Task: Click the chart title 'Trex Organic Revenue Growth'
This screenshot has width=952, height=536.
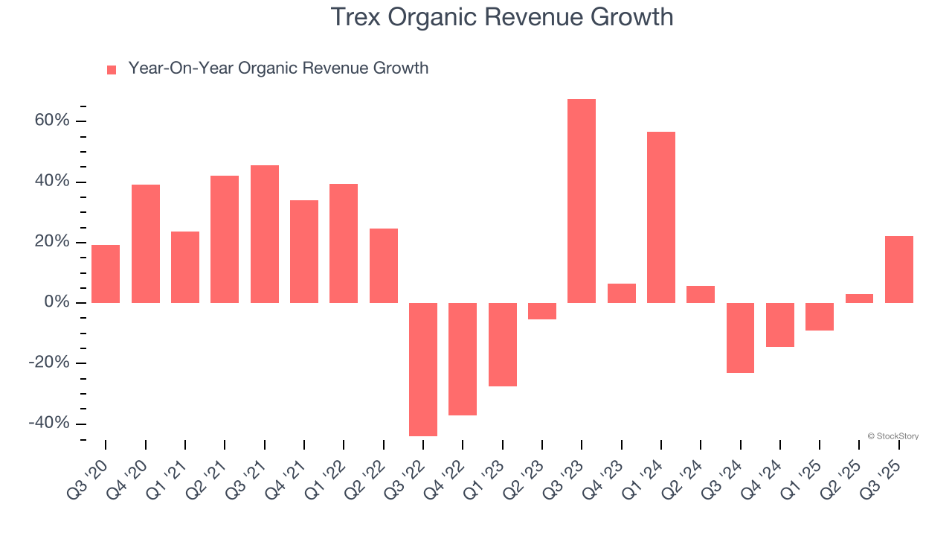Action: [x=501, y=16]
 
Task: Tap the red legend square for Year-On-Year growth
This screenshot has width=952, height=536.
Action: [x=112, y=70]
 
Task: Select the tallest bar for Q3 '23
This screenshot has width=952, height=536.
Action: [x=582, y=201]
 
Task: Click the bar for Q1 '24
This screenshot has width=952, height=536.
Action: [x=661, y=217]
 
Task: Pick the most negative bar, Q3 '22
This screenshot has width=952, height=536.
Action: [x=423, y=369]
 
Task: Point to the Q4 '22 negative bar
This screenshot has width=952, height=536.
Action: [x=463, y=359]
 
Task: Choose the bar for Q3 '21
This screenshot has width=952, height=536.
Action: [x=265, y=234]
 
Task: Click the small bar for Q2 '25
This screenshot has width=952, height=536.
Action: [x=859, y=299]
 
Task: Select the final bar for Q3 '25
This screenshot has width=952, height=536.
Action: [x=898, y=269]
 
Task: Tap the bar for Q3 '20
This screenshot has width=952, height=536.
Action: [x=106, y=274]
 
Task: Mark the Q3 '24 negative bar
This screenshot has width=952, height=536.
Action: [x=740, y=338]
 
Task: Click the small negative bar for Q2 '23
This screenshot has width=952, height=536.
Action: [x=542, y=311]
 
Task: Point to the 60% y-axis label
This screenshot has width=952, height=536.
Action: [x=52, y=121]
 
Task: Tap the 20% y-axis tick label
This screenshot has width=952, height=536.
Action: [x=52, y=242]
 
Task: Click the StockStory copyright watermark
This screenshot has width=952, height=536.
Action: [x=892, y=436]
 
